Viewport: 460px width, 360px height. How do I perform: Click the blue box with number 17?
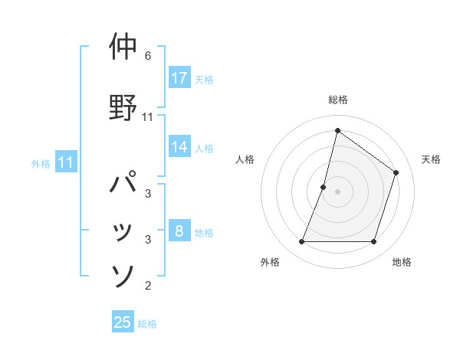click(x=179, y=78)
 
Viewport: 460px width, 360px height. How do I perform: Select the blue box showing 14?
click(x=179, y=148)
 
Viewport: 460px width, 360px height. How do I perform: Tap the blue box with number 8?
click(x=179, y=231)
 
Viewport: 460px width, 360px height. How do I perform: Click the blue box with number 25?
click(x=123, y=322)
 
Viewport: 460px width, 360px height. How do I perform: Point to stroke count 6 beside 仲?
click(x=148, y=56)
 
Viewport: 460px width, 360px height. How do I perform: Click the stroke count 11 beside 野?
click(x=148, y=117)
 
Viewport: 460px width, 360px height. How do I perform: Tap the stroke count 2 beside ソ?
click(x=148, y=286)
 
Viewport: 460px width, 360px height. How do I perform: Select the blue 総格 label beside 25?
click(x=147, y=324)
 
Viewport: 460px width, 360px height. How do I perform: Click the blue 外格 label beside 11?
click(x=41, y=163)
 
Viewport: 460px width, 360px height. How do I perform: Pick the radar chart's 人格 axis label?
click(x=245, y=159)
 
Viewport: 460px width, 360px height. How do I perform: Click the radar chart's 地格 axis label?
click(x=402, y=263)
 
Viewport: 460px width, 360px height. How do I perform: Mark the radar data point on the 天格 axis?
click(x=396, y=173)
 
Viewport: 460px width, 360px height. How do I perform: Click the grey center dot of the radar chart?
click(x=337, y=191)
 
